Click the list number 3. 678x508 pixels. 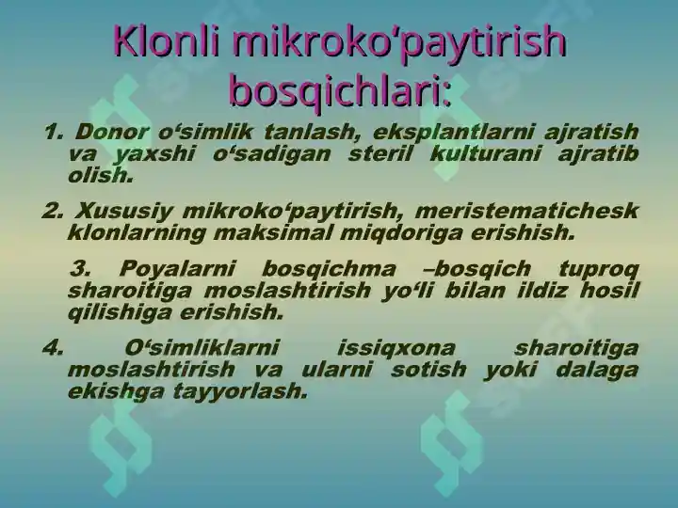pos(80,269)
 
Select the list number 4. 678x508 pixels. pos(53,348)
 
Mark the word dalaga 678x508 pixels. pos(600,369)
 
